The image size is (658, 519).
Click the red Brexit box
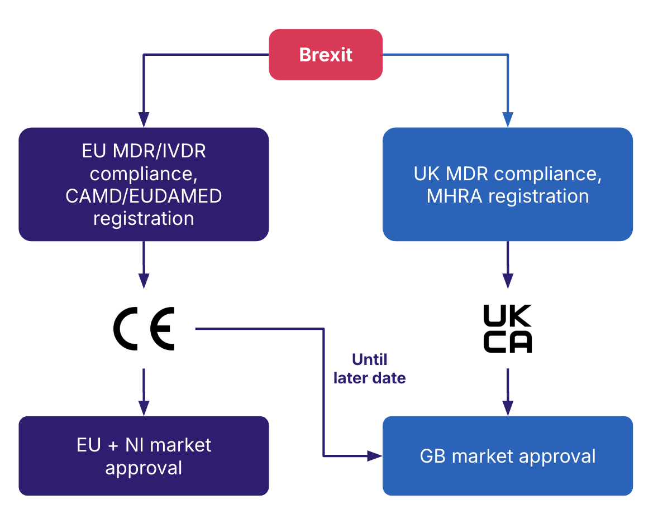326,55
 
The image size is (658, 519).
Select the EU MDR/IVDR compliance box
144,184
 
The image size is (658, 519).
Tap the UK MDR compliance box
507,184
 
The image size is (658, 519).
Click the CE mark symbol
144,329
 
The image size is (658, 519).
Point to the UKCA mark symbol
507,329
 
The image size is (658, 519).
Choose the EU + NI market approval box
144,455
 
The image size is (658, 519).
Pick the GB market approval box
507,455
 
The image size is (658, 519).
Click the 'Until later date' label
369,368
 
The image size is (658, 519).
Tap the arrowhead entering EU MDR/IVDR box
144,119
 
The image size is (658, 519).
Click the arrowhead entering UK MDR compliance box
507,119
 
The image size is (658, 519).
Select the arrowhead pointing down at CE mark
144,280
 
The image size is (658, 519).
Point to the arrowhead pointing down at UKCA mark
507,280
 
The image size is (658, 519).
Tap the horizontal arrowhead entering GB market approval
374,456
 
